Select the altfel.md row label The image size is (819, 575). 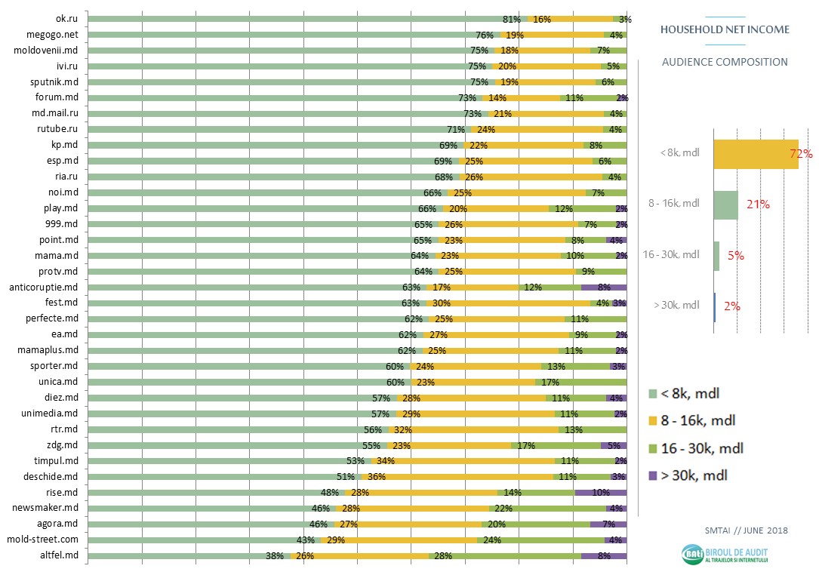tap(60, 555)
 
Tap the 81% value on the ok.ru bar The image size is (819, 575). tap(512, 19)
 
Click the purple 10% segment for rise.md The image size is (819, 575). tap(600, 492)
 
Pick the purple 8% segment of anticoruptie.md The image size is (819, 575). tap(604, 287)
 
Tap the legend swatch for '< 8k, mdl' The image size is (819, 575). tap(653, 394)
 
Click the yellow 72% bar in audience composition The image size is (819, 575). tap(755, 154)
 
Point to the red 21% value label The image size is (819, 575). tap(758, 204)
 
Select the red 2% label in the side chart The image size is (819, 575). tap(731, 306)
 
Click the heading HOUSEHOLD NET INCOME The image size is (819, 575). tap(725, 29)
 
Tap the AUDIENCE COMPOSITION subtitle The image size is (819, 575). tap(725, 62)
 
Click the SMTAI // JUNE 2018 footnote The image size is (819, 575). tap(746, 530)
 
